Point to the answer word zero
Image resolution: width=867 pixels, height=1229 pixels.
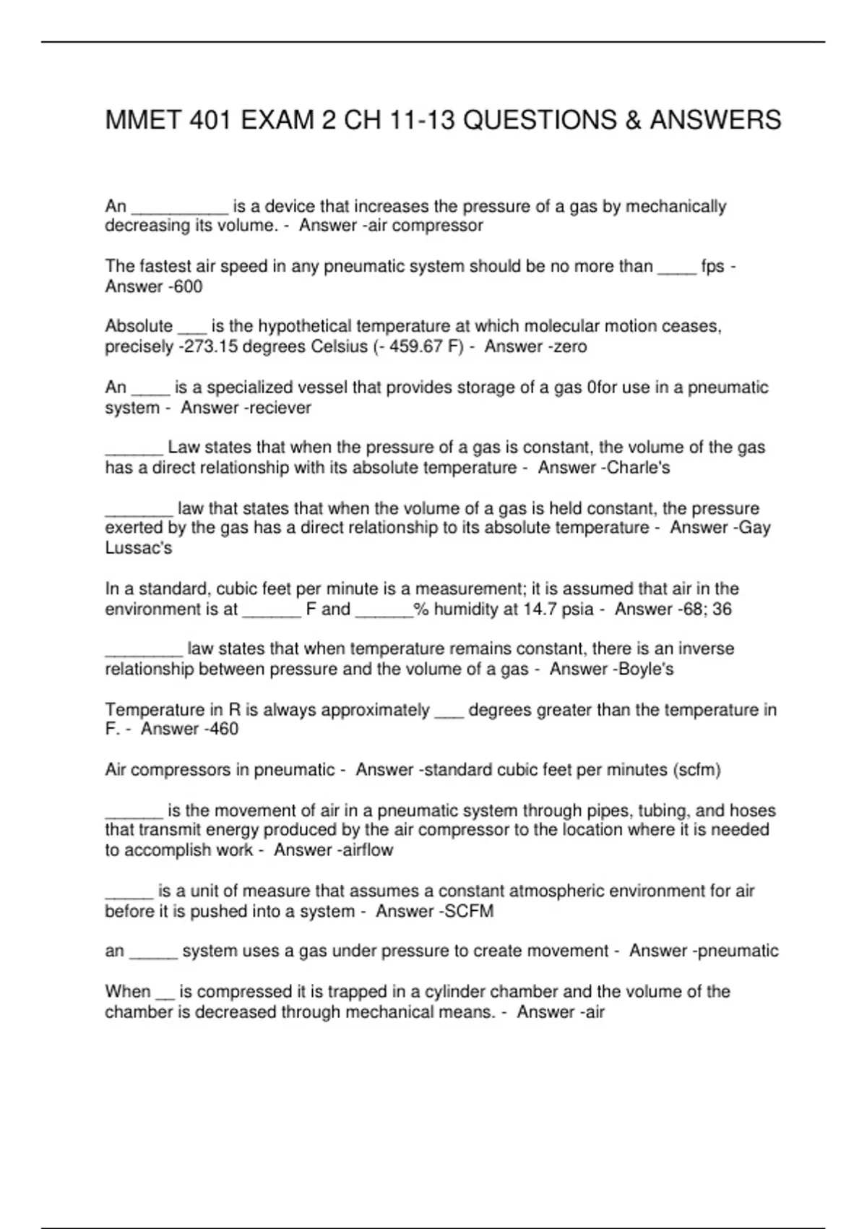click(571, 347)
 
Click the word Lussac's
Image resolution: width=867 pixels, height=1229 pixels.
click(139, 548)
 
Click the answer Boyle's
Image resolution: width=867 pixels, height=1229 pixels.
click(645, 669)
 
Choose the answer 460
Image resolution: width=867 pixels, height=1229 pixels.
click(223, 729)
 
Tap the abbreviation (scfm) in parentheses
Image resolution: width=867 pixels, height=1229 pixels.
click(696, 770)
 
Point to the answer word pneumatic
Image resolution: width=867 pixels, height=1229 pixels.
click(738, 951)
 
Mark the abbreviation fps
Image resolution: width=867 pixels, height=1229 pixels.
click(712, 267)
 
